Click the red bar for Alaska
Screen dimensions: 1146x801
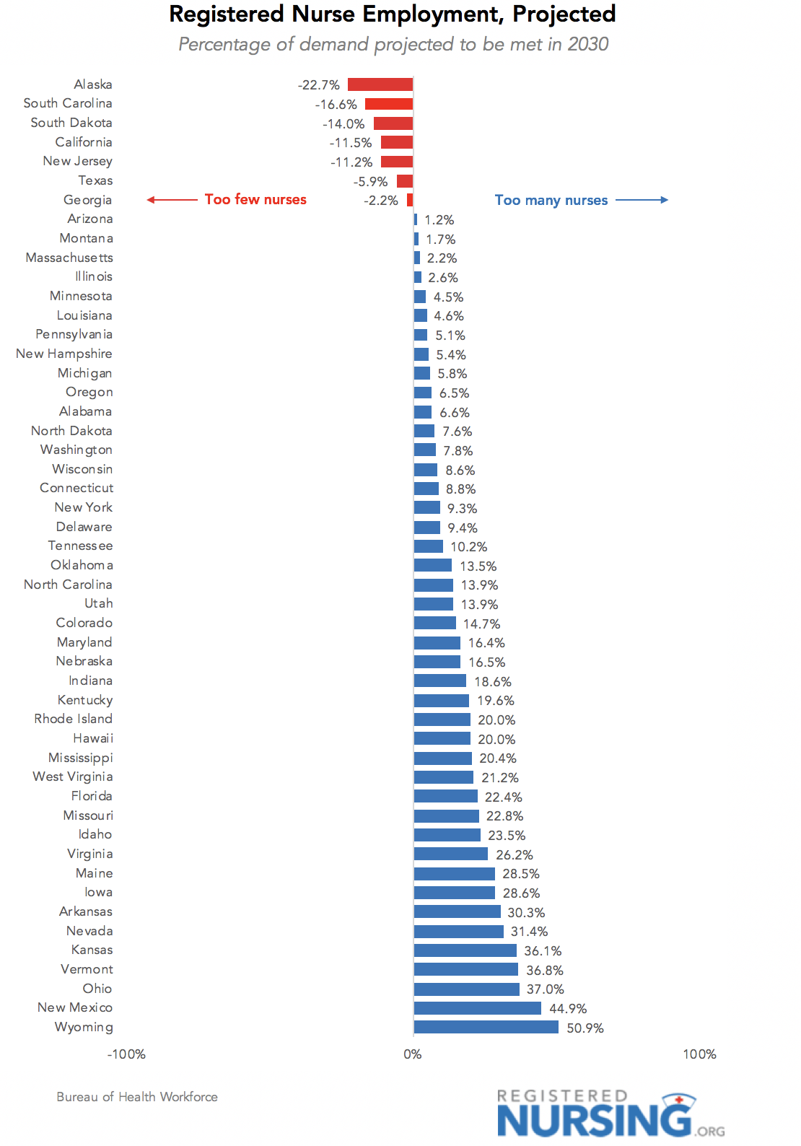pos(380,84)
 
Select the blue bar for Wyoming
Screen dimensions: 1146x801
pos(486,1027)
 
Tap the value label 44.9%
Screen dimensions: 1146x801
pos(568,1008)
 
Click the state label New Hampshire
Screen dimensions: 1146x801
pos(64,354)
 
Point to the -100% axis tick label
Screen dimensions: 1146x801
pos(126,1054)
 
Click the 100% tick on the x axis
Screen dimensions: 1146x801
pos(699,1054)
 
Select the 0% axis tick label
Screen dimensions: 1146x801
pos(413,1054)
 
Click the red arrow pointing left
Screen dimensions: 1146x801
pos(172,200)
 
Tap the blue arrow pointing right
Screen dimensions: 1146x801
pos(642,200)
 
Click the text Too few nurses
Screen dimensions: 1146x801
pos(255,200)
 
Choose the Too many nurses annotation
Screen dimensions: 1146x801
pos(551,201)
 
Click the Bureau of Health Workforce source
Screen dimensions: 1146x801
pos(137,1097)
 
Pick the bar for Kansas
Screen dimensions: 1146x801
pos(465,950)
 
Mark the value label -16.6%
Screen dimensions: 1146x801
pos(336,105)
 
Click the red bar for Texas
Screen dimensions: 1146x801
pos(405,181)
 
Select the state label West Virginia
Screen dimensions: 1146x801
pos(73,777)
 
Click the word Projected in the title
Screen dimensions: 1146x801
pos(564,14)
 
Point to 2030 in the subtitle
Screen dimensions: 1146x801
pos(588,45)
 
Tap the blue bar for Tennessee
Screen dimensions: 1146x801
pos(429,546)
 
